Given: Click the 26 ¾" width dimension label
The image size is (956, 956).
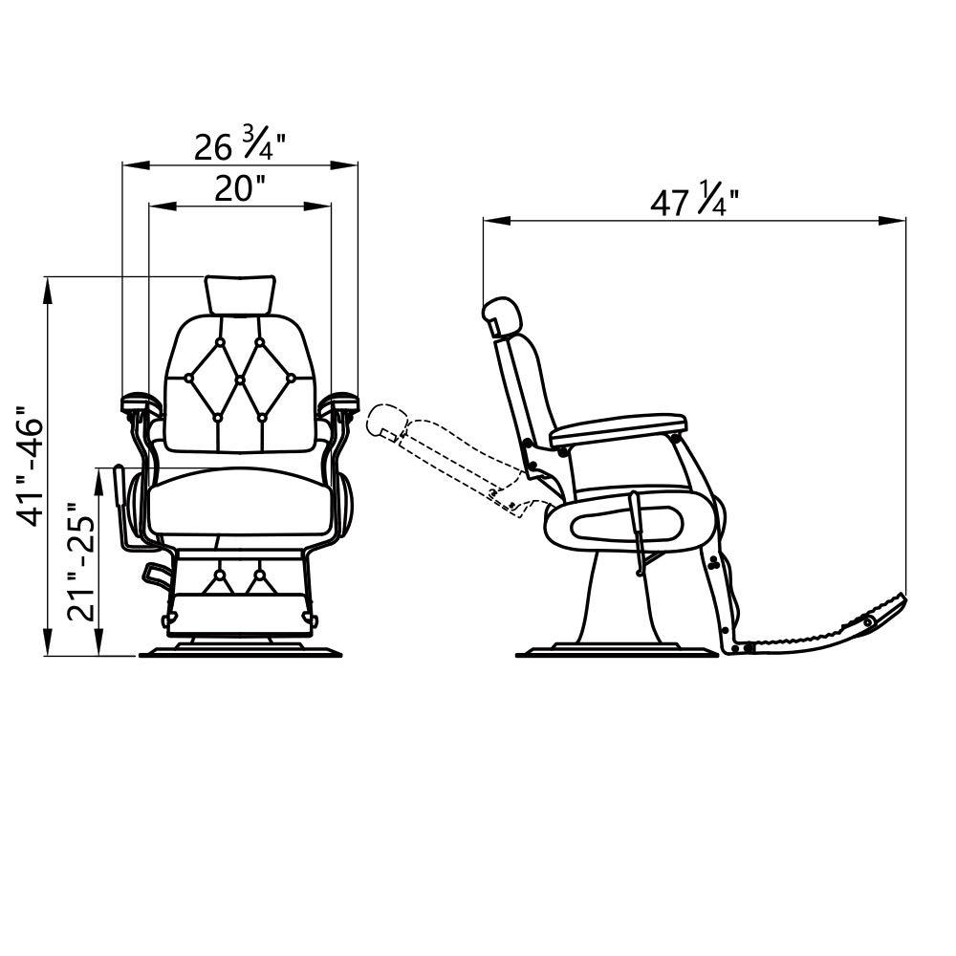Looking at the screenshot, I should coord(240,145).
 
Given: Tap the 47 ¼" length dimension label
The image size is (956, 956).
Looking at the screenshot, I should coord(695,202).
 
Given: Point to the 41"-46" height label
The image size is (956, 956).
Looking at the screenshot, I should coord(33,468).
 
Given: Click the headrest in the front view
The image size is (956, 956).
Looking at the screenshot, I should coord(240,293).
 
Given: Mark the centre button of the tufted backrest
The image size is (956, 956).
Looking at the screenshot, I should coord(240,380).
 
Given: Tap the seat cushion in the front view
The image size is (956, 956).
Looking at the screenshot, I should coord(244,502).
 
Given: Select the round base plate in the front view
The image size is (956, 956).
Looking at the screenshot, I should coord(240,654).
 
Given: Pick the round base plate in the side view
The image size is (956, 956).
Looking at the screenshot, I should coord(617,654).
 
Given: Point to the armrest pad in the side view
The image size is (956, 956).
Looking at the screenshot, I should coord(619,427).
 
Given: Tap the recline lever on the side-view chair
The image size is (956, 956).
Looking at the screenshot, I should coord(638,531).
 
